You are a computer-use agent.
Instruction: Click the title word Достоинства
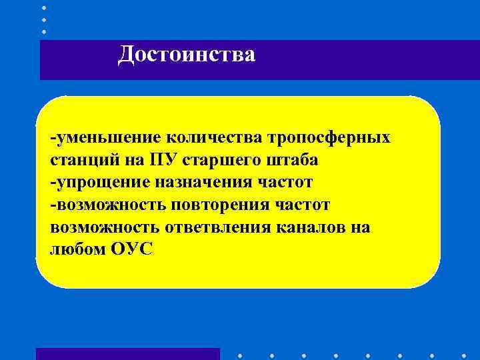tap(186, 54)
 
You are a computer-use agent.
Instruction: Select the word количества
tap(213, 138)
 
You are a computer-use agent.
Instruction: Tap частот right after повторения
tap(304, 205)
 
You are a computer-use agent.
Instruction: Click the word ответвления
tap(213, 227)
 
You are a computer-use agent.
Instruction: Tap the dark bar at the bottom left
tap(127, 354)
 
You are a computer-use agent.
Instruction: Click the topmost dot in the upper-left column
tap(44, 7)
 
